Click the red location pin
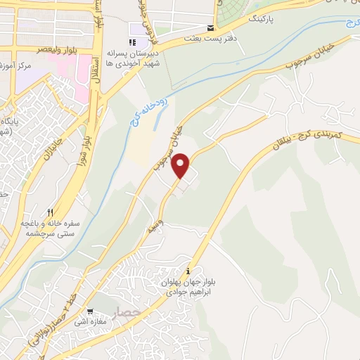[182, 166]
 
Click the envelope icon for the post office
[210, 30]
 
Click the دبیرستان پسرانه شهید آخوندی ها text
[132, 58]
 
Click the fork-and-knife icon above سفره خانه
[50, 212]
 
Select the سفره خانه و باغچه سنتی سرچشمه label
[50, 227]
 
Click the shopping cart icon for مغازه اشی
[89, 311]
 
